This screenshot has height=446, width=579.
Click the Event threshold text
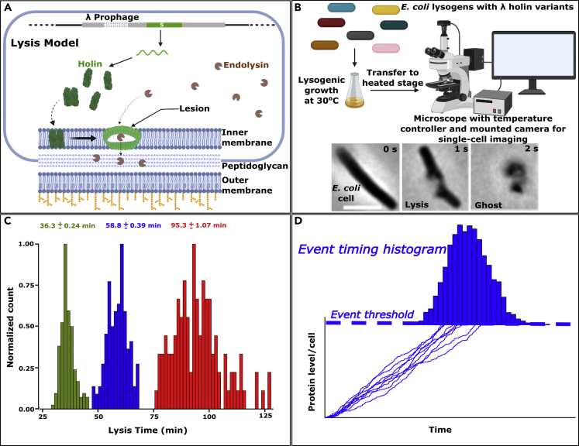(x=372, y=315)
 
